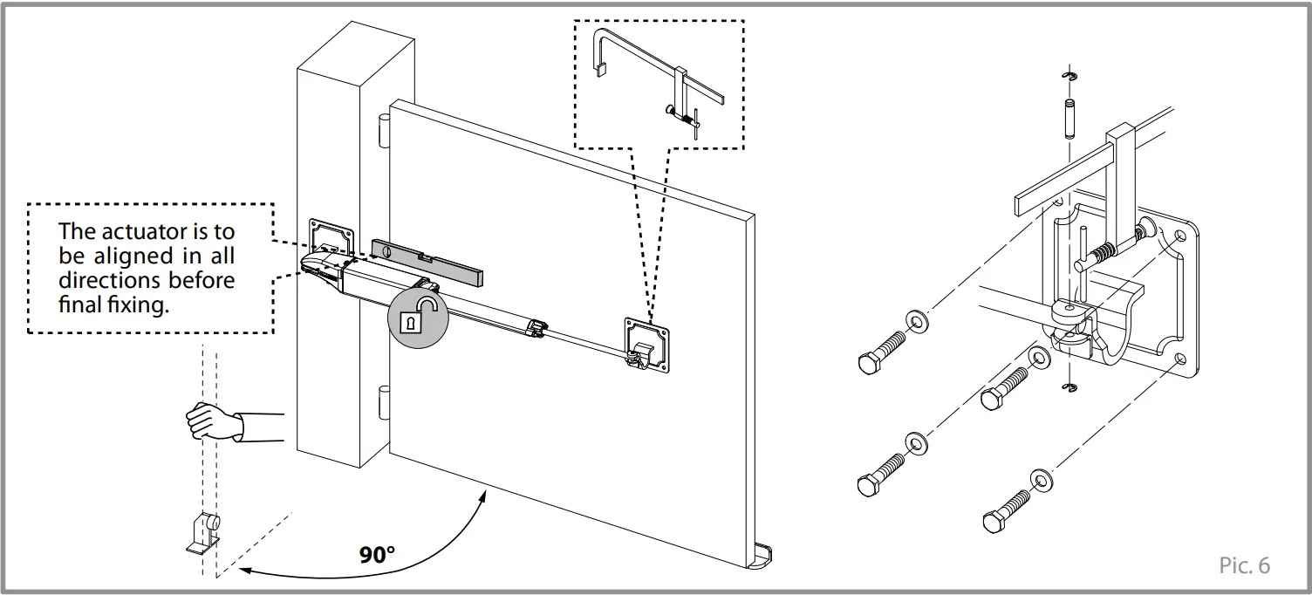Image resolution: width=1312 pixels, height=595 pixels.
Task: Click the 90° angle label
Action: click(x=377, y=555)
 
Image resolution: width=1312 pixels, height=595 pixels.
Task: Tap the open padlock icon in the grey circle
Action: click(x=417, y=316)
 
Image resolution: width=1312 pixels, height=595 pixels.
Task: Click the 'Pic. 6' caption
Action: click(x=1244, y=565)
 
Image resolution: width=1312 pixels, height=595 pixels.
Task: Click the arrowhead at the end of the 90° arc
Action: click(x=246, y=571)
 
